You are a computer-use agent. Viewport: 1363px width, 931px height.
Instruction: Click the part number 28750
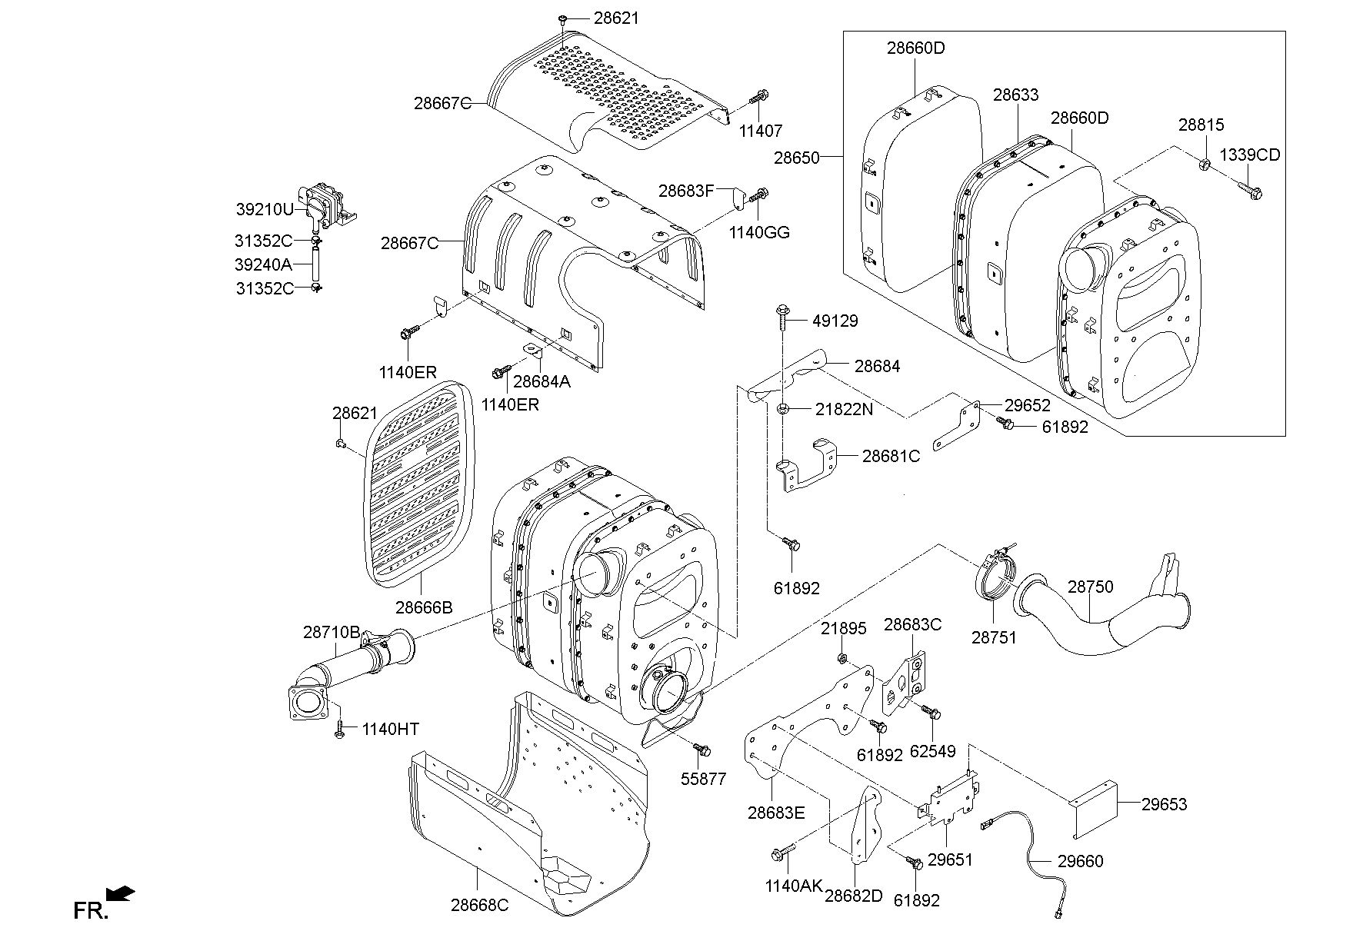click(x=1090, y=587)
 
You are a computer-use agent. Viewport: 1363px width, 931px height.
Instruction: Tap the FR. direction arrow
click(x=121, y=893)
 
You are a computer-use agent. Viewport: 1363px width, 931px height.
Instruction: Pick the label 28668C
click(x=479, y=905)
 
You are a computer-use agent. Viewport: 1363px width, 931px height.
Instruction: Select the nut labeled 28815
click(x=1205, y=163)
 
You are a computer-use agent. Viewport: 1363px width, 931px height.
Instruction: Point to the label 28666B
click(x=424, y=607)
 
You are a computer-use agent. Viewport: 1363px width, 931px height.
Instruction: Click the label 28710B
click(x=331, y=632)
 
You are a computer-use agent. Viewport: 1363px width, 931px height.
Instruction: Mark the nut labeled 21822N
click(x=781, y=408)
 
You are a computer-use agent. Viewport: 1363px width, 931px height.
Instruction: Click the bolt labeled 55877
click(x=702, y=748)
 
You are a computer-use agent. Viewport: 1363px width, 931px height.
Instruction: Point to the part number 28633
click(x=1015, y=95)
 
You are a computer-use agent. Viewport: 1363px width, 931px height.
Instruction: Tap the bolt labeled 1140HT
click(x=339, y=729)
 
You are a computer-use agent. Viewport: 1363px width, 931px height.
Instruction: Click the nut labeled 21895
click(x=842, y=658)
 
